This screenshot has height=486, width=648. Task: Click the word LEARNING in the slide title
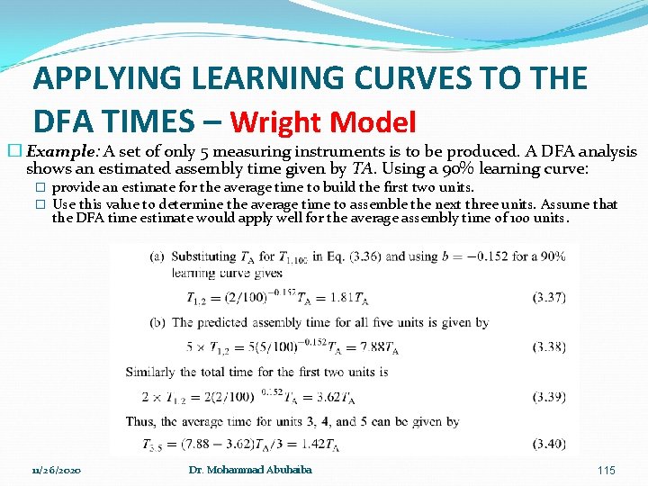[266, 78]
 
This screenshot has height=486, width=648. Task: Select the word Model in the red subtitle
[379, 121]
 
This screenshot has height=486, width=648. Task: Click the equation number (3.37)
[548, 298]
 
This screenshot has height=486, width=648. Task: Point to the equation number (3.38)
[548, 346]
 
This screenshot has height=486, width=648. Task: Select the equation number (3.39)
[548, 396]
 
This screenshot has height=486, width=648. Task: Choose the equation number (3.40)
[548, 444]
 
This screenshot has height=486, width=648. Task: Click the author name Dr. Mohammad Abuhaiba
[250, 470]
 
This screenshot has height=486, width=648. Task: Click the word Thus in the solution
[142, 420]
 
